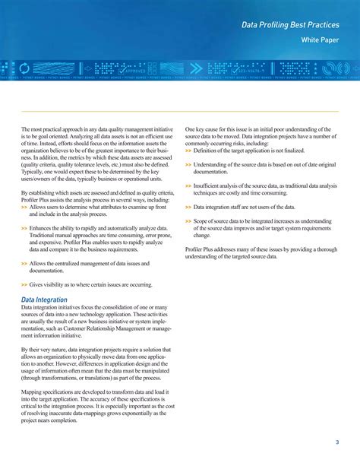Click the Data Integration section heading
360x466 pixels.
click(44, 300)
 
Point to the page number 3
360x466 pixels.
click(336, 443)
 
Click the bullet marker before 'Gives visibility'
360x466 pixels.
click(24, 284)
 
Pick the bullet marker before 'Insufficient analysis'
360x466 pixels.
click(188, 185)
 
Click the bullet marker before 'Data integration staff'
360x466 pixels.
click(188, 207)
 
